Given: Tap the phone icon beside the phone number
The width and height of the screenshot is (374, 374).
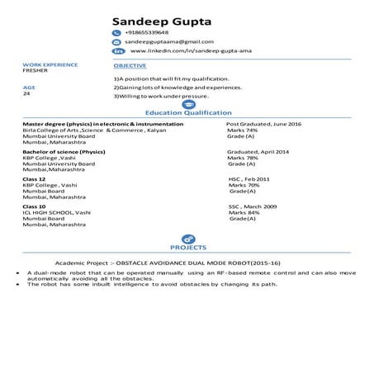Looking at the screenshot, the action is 116,32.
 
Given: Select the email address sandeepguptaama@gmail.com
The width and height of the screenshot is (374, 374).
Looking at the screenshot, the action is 169,41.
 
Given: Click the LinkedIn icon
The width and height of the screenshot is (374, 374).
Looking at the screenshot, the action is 116,51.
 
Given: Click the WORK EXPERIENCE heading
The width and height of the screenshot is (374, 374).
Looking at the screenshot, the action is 50,64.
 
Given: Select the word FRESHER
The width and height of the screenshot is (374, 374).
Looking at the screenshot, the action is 36,71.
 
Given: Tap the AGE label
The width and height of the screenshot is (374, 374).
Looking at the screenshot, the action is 29,86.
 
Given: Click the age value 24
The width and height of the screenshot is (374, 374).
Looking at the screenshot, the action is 26,93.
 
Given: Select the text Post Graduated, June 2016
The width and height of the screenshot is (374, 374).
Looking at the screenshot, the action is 264,123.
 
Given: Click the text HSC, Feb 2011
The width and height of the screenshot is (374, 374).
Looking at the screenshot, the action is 249,179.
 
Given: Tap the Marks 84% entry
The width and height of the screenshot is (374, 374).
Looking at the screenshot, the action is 244,212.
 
